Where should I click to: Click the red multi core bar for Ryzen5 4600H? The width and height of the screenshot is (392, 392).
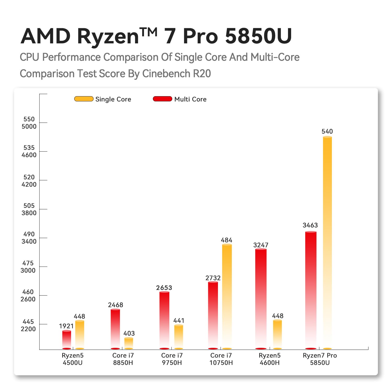pos(261,298)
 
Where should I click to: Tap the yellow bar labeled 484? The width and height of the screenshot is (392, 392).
pos(227,295)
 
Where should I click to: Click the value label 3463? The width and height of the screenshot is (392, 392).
pos(310,225)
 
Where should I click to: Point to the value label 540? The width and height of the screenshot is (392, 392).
pos(327,131)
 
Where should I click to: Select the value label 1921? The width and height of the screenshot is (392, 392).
pos(66,326)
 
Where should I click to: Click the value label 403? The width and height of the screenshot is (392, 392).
pos(129,333)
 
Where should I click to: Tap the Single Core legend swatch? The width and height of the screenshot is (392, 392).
pos(84,99)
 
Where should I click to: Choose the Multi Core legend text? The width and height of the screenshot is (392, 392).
pos(190,99)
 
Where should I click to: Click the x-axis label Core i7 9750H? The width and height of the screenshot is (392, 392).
pos(172,359)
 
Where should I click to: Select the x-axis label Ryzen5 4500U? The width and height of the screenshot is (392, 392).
pos(73,359)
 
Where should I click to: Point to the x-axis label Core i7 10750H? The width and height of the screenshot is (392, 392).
pos(221,359)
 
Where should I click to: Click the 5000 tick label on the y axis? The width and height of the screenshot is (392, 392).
pos(29,126)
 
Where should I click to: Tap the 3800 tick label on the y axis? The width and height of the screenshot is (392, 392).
pos(29,213)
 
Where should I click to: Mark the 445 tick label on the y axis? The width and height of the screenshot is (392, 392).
pos(28,322)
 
